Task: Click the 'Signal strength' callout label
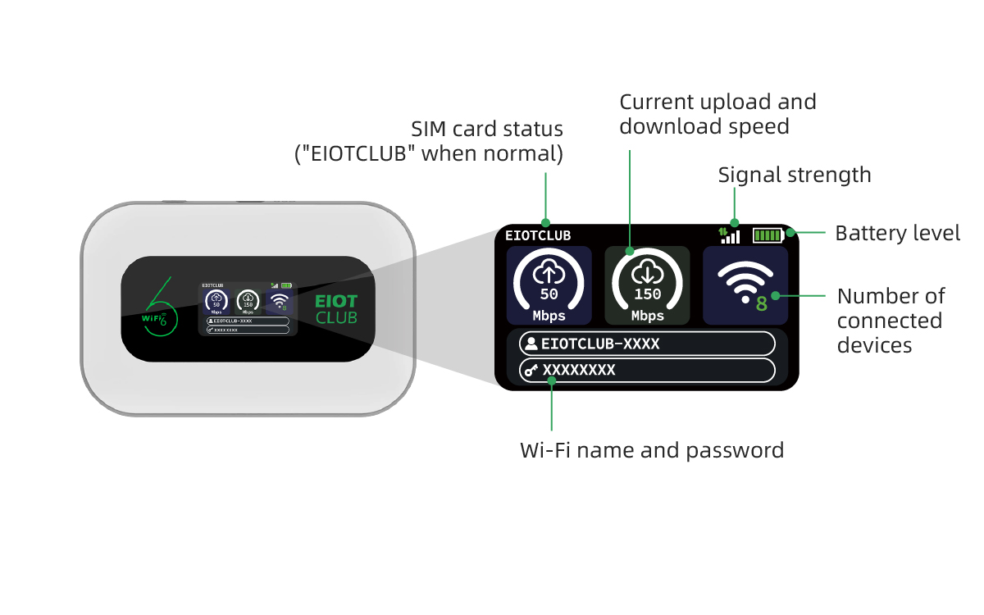[795, 175]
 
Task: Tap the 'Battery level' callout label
[897, 233]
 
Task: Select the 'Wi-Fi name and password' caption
[652, 450]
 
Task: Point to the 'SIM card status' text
[487, 130]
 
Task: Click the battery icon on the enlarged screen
[768, 235]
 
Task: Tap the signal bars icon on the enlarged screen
[729, 235]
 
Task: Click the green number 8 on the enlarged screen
[762, 303]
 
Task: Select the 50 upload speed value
[549, 294]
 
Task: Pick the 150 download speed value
[648, 294]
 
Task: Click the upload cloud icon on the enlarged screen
[549, 272]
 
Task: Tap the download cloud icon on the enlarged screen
[648, 272]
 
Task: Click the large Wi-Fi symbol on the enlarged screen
[745, 281]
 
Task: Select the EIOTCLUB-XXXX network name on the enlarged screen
[600, 344]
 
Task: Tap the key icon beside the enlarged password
[531, 371]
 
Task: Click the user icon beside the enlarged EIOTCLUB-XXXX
[531, 344]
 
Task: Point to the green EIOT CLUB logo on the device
[336, 309]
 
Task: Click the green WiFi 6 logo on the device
[159, 307]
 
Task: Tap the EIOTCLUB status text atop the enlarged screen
[538, 235]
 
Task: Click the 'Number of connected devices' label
[891, 321]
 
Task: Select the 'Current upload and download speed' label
[717, 114]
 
